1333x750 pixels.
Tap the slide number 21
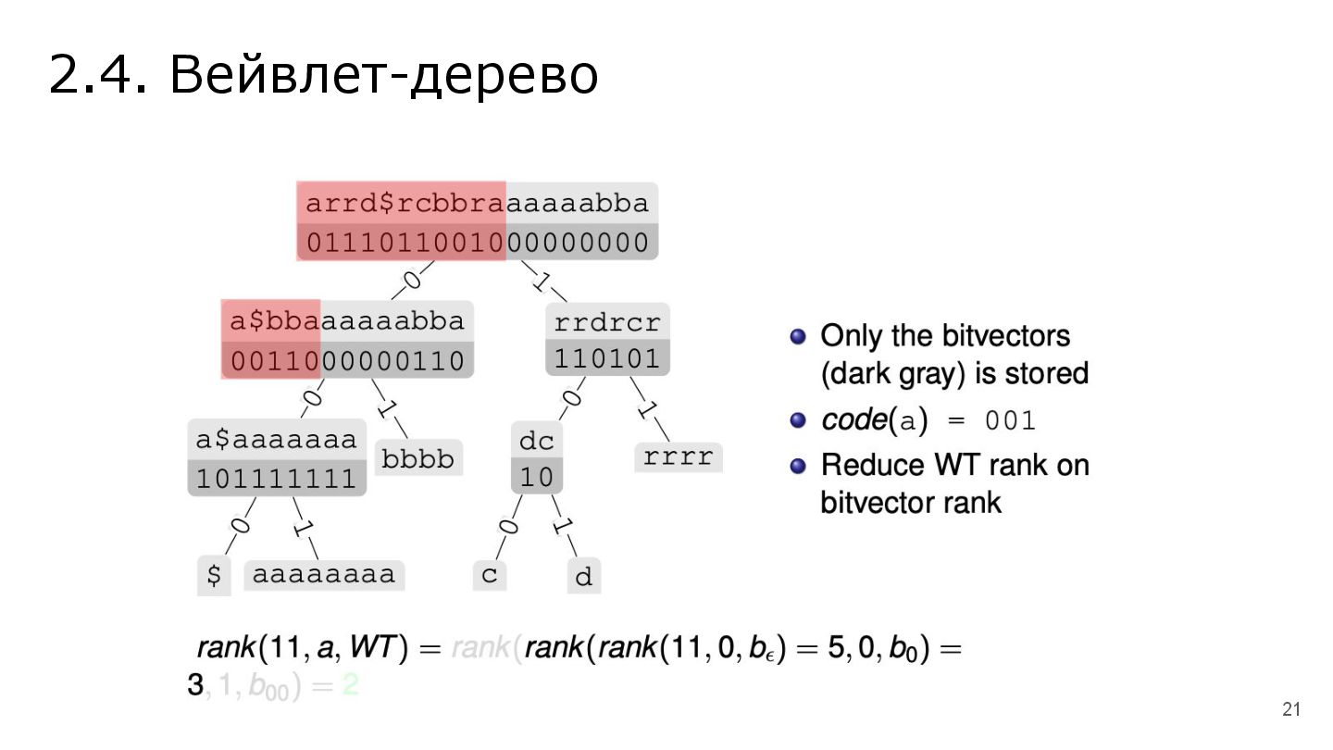tap(1291, 710)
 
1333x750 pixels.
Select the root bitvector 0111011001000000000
tap(478, 243)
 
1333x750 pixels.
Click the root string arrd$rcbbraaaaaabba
tap(478, 202)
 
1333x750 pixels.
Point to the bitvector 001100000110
tap(347, 359)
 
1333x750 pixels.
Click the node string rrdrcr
tap(607, 322)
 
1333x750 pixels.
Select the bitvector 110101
tap(607, 357)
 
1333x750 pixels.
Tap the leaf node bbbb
tap(418, 458)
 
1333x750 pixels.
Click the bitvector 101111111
tap(277, 479)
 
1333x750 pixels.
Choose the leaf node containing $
tap(214, 575)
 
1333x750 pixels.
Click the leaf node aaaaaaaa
tap(324, 575)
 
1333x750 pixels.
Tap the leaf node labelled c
tap(489, 575)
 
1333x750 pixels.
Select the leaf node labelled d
tap(583, 578)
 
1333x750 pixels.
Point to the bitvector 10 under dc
tap(537, 477)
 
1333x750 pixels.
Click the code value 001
tap(1010, 421)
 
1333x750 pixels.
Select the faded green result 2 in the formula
tap(349, 686)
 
